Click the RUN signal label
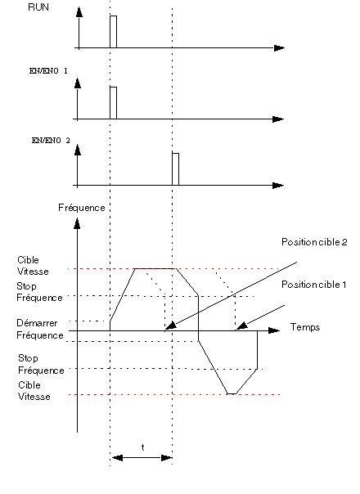(x=38, y=7)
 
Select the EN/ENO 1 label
(x=48, y=71)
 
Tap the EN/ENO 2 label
(x=51, y=141)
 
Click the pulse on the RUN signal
(x=113, y=32)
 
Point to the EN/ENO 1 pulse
(x=113, y=103)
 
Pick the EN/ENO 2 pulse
(x=176, y=169)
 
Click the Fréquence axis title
(x=82, y=208)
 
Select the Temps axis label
(x=305, y=327)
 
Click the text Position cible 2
(x=314, y=242)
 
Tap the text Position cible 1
(x=314, y=285)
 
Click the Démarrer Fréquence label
(x=40, y=330)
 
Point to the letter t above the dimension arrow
(x=143, y=447)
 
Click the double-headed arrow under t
(x=142, y=457)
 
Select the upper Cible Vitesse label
(x=33, y=266)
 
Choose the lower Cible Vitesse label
(x=34, y=391)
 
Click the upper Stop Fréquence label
(x=39, y=292)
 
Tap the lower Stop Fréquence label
(x=41, y=364)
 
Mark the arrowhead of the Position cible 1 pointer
(x=241, y=326)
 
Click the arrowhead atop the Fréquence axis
(x=77, y=223)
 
